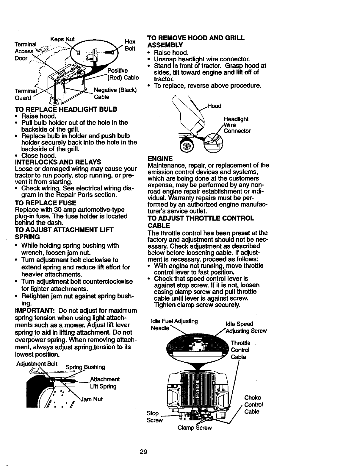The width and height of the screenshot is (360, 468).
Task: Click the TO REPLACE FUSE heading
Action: point(45,203)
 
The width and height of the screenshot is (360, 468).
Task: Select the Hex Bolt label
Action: point(130,45)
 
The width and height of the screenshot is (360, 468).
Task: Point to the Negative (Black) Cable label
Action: point(115,93)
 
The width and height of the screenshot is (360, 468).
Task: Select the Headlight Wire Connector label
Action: point(236,125)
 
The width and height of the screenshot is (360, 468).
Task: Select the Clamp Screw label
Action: point(194,428)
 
